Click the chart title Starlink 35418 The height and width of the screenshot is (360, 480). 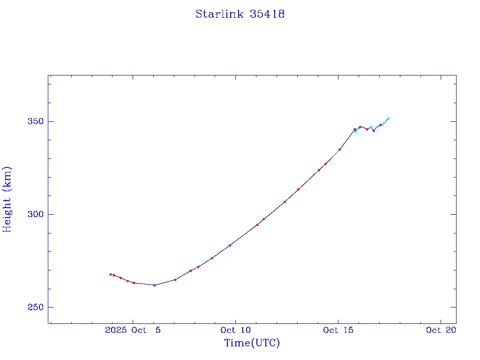click(x=240, y=14)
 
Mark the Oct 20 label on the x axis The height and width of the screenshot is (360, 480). click(x=441, y=330)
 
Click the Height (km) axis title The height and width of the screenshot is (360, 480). click(x=7, y=199)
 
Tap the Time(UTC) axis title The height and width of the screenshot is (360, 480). click(x=252, y=343)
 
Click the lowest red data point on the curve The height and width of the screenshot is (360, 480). click(x=154, y=285)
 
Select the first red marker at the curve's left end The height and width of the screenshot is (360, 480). click(x=110, y=274)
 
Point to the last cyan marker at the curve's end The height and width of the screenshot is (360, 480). click(x=388, y=119)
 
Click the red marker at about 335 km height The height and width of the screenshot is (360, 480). click(x=339, y=150)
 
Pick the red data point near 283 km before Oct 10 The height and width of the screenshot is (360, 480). click(x=230, y=245)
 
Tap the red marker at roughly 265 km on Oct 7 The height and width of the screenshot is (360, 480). click(x=175, y=280)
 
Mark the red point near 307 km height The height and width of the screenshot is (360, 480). click(x=285, y=202)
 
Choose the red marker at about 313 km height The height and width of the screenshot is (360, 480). click(x=298, y=189)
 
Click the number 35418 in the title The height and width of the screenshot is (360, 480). click(x=268, y=14)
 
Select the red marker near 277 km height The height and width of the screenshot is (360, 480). click(x=212, y=258)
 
